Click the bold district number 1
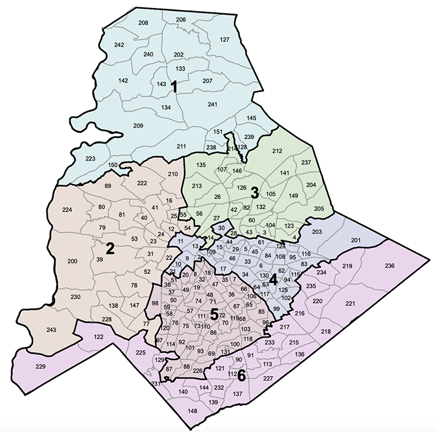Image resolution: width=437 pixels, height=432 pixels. tap(175, 87)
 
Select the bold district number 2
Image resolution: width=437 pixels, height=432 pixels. tap(110, 248)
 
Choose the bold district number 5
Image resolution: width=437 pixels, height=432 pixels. tap(214, 316)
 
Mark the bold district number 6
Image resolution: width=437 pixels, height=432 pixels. tap(242, 376)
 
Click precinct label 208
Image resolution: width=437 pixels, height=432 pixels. tap(143, 23)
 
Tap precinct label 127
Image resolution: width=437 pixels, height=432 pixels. tap(225, 40)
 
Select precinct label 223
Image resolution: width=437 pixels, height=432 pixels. tap(91, 159)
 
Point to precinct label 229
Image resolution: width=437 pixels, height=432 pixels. tap(41, 366)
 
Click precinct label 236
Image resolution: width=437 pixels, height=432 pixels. tap(390, 267)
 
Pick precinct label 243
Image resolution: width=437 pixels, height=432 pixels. tap(51, 330)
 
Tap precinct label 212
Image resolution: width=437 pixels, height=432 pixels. tap(277, 150)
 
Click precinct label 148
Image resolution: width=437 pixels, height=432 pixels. tap(192, 411)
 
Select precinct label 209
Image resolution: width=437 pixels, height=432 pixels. tap(138, 125)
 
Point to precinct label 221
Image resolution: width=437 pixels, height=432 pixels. tap(350, 303)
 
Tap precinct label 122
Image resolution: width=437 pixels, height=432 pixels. tap(81, 337)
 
